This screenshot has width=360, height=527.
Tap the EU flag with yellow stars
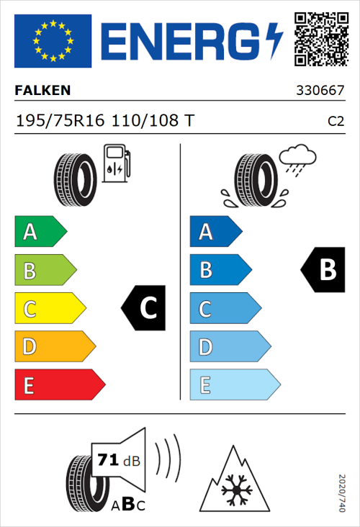point(53,41)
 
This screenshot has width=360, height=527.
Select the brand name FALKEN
point(42,91)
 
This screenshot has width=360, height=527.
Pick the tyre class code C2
point(336,121)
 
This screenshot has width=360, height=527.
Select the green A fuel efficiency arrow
point(40,232)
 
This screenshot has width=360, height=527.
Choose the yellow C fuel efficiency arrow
point(49,309)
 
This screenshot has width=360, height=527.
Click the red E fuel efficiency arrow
point(59,385)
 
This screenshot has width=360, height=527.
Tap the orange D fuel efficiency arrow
point(54,347)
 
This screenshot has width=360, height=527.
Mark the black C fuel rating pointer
point(145,309)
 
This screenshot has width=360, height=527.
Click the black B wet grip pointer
point(321,270)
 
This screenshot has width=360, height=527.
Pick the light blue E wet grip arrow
point(234,385)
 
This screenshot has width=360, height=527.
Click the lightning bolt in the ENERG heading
point(274,41)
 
